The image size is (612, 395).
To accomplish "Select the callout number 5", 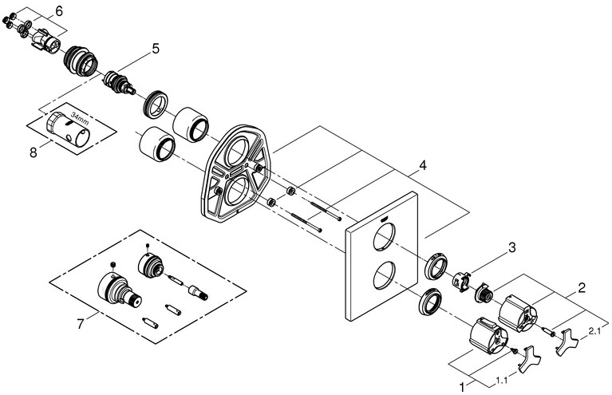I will point(156,49).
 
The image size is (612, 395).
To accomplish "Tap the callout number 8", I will point(34,151).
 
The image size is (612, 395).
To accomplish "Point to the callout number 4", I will point(423,167).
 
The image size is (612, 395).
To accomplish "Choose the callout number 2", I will point(582,286).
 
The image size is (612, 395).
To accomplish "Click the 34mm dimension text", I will point(79,122).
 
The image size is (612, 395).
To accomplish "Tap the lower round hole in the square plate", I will point(383,276).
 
